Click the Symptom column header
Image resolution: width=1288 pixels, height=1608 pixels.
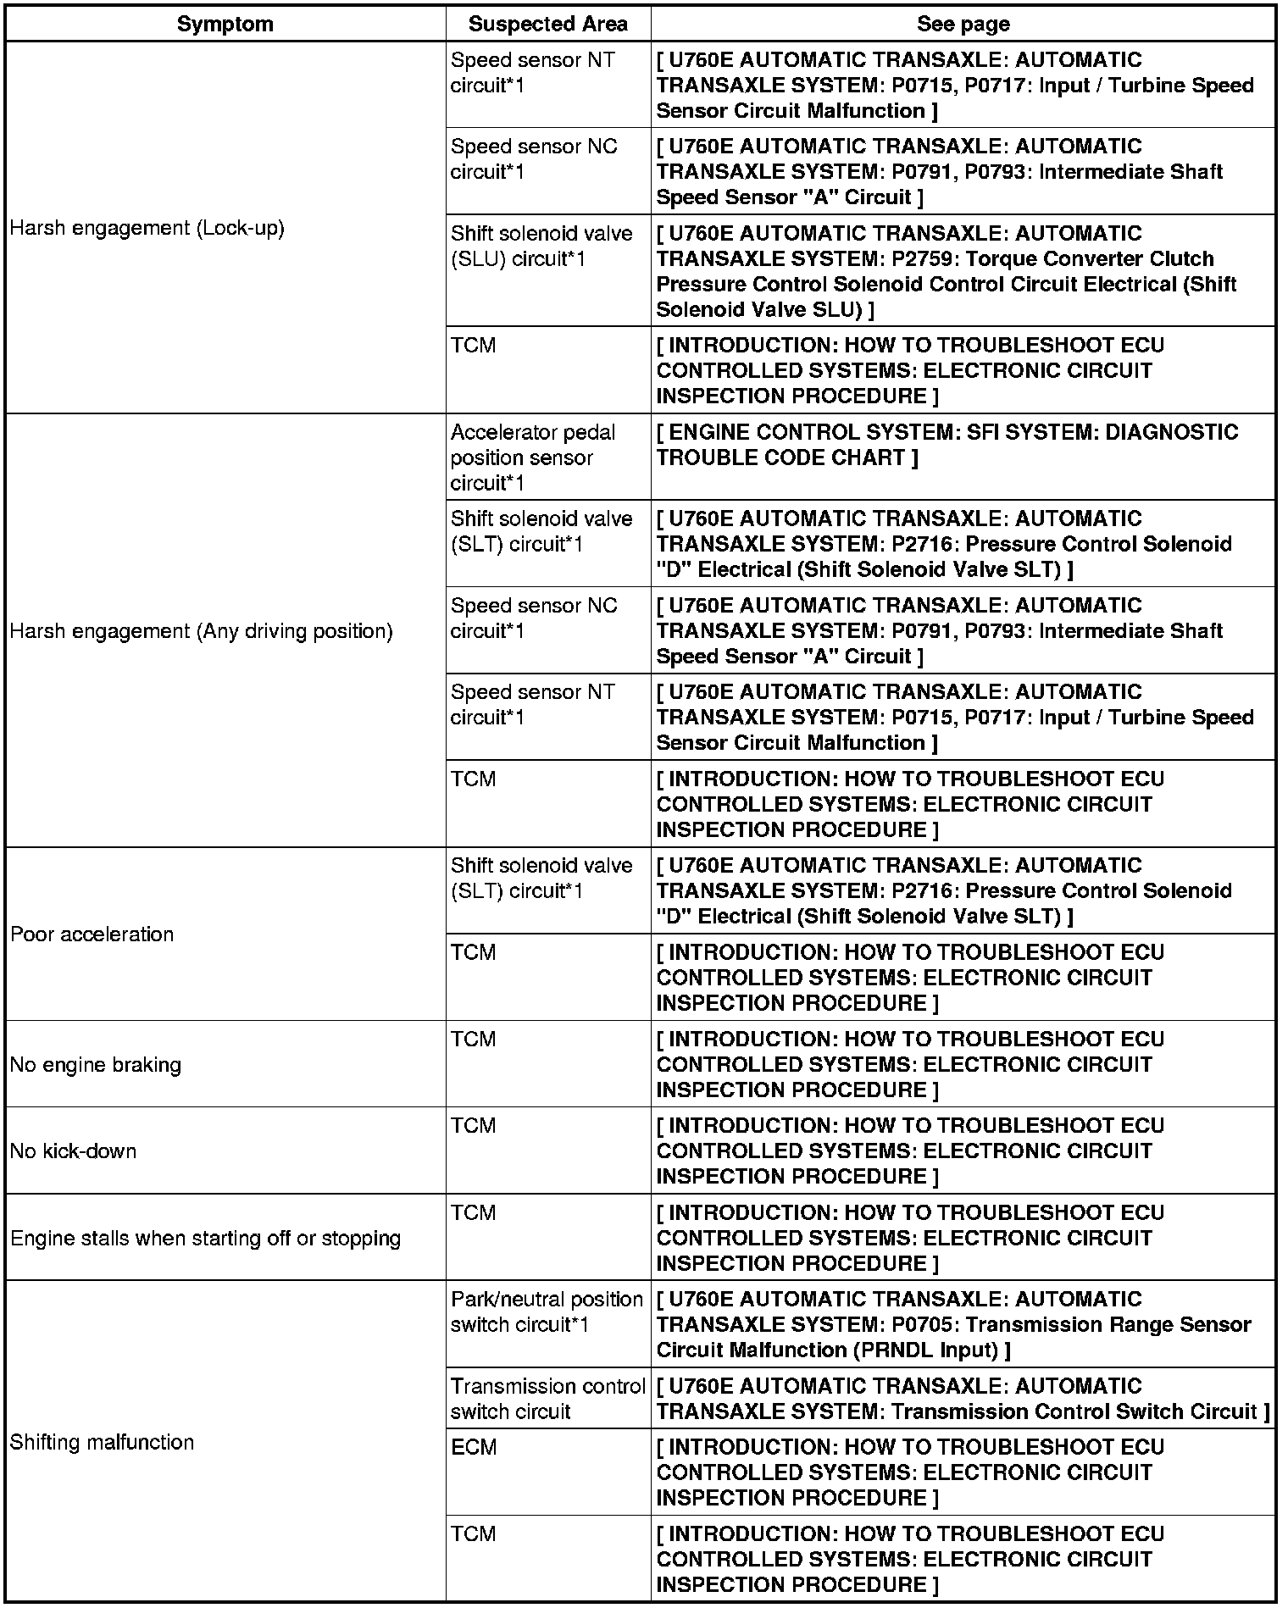pos(225,24)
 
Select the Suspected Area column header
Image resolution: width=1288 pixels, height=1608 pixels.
pos(547,24)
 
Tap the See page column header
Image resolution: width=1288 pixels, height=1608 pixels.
pos(963,24)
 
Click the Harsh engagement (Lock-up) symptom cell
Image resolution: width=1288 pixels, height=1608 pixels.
pos(147,228)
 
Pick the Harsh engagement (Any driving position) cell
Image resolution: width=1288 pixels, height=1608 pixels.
pos(201,631)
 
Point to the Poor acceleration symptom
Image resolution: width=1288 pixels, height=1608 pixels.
pos(92,934)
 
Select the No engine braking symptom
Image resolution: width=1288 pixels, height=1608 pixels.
pos(95,1065)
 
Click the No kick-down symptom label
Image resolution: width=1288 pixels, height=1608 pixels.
pos(73,1151)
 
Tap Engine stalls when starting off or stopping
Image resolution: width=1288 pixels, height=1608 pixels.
pos(205,1239)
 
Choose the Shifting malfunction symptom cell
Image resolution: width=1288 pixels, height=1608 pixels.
pos(102,1443)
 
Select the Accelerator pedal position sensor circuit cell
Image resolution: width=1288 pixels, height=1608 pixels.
pos(533,457)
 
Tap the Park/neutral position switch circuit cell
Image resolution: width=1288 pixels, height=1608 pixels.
pos(547,1312)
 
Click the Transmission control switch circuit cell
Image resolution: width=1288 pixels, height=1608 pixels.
pos(547,1399)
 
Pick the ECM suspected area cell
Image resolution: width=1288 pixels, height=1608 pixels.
pos(474,1448)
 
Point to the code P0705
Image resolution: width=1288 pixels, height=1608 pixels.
pos(920,1325)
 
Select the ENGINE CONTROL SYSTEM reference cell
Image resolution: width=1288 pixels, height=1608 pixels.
pos(947,445)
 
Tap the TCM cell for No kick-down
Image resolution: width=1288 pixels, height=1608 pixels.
pos(473,1127)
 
